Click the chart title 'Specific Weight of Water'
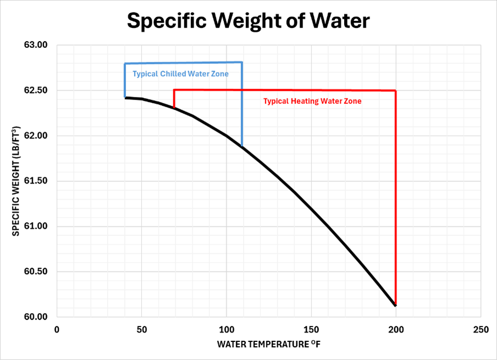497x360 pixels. (248, 20)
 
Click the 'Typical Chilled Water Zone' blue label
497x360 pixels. (180, 74)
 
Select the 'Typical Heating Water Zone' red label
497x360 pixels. (312, 101)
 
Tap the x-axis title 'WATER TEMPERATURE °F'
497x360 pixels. (268, 345)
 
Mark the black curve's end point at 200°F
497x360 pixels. (395, 305)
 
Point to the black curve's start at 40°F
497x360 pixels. (125, 97)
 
